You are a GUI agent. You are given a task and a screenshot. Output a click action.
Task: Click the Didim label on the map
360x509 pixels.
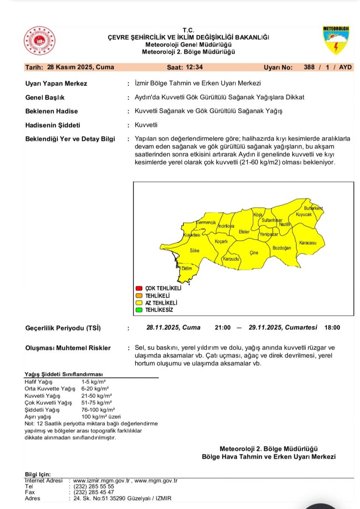187,268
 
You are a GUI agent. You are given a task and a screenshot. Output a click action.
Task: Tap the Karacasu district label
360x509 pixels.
308,243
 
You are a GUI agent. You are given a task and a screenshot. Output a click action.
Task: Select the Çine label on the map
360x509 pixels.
254,253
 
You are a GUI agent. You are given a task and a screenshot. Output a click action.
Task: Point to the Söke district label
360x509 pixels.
194,251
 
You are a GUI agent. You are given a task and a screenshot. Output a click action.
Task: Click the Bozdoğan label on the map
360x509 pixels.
282,248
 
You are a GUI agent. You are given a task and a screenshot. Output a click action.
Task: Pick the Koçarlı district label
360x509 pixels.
222,241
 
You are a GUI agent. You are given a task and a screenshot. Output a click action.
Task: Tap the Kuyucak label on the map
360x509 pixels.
304,215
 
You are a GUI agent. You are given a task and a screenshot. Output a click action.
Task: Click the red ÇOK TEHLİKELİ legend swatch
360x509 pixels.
138,288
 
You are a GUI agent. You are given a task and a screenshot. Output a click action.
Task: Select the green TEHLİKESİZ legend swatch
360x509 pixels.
138,310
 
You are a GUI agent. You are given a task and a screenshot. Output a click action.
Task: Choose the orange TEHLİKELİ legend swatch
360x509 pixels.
138,295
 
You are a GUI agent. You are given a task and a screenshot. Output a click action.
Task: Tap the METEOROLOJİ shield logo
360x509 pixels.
336,40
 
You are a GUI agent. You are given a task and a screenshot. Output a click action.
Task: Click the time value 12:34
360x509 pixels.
194,67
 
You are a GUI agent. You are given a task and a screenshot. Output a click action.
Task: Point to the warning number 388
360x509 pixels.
310,67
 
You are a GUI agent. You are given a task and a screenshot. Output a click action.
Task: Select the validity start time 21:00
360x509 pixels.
222,327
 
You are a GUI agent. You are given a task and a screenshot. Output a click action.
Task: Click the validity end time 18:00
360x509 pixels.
332,327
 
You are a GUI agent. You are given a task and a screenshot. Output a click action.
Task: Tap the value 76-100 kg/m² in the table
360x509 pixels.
98,410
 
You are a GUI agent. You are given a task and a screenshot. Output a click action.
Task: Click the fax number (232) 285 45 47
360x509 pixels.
94,492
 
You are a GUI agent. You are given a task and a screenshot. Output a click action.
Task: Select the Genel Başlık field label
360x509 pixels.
45,98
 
